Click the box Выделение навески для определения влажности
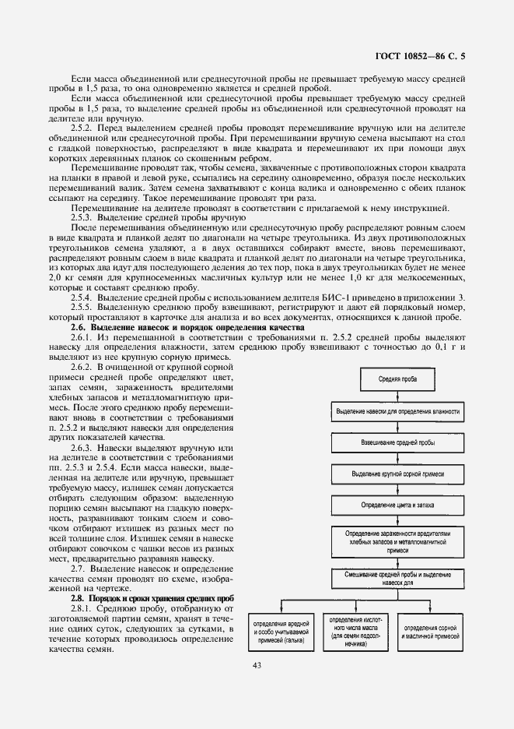click(x=397, y=411)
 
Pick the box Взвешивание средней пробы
click(x=397, y=442)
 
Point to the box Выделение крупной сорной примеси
click(x=397, y=474)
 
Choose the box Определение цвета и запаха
click(x=397, y=505)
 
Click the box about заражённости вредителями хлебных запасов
click(x=397, y=541)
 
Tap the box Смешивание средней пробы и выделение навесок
click(x=397, y=576)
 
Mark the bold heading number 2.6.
click(x=79, y=327)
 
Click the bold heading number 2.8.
click(x=79, y=597)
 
